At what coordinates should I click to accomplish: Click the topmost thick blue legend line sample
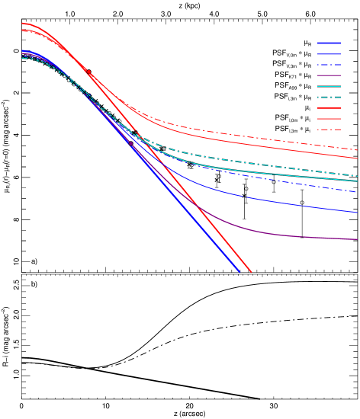point(329,43)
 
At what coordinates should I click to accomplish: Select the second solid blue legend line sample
point(329,53)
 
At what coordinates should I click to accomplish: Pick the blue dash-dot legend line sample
point(329,65)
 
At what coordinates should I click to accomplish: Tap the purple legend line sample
point(329,75)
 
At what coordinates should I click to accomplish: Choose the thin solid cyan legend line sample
point(329,86)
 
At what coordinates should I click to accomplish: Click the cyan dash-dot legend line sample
point(329,98)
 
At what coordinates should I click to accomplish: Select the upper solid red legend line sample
point(329,108)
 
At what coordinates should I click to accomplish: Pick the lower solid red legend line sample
point(329,119)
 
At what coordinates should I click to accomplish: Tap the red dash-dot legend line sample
point(329,130)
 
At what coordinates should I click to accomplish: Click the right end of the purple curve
point(357,239)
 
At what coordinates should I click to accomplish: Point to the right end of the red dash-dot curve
point(357,149)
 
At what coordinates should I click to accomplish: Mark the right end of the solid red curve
point(357,158)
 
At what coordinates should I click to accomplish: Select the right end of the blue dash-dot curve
point(357,192)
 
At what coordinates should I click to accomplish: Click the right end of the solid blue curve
point(357,213)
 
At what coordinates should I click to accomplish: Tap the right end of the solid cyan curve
point(357,181)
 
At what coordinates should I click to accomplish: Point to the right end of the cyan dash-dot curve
point(357,176)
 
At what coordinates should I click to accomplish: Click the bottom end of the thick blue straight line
point(239,272)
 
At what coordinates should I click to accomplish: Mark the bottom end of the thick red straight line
point(251,272)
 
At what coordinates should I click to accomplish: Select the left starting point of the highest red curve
point(22,23)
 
